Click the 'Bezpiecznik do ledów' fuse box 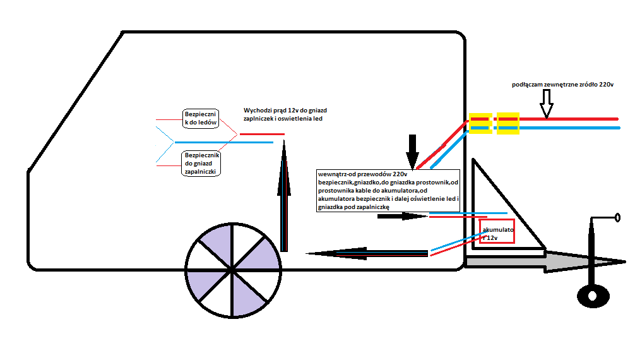tap(199, 117)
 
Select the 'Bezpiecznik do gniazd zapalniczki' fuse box tap(201, 163)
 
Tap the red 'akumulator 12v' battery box tap(497, 232)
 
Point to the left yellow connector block tap(480, 123)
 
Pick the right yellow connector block tap(507, 123)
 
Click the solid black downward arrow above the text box tap(412, 152)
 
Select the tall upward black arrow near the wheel tap(284, 196)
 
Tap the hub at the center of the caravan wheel tap(233, 270)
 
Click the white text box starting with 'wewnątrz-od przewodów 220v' tap(389, 189)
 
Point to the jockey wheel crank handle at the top tap(606, 219)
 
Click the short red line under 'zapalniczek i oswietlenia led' tap(262, 134)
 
